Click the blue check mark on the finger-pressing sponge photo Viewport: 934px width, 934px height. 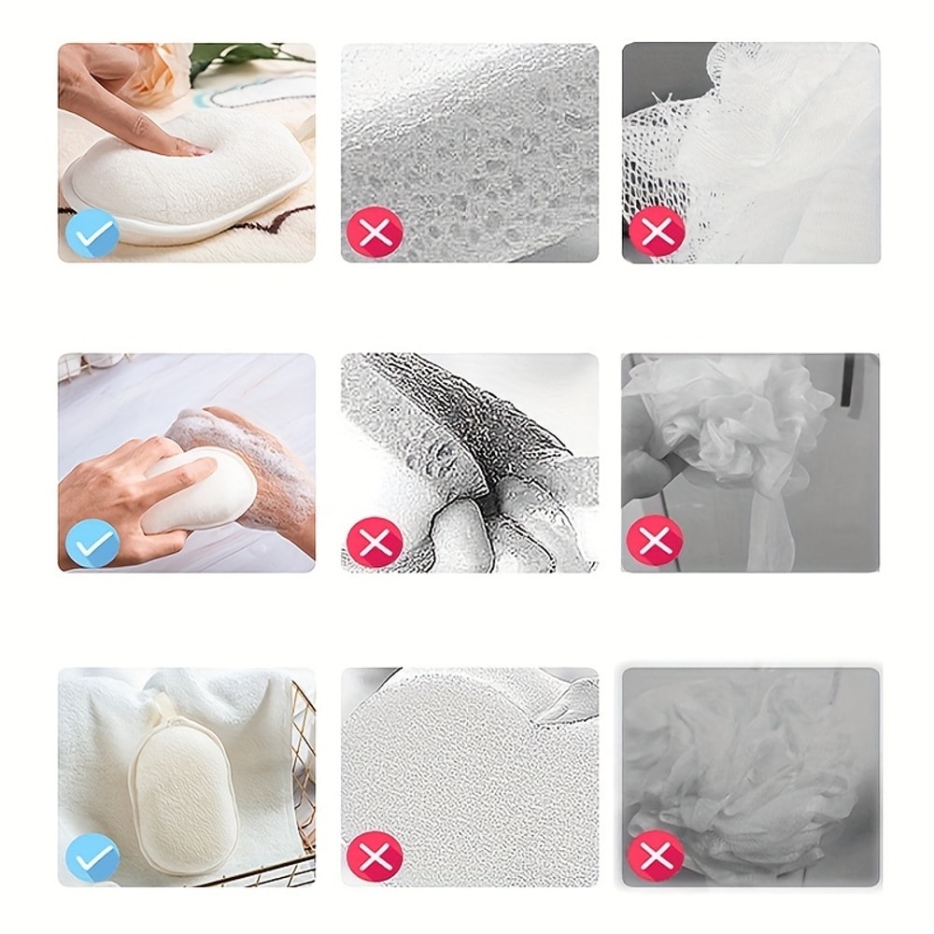pos(92,233)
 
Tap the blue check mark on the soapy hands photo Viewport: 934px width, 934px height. pos(92,543)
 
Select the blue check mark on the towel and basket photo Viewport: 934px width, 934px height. pos(92,857)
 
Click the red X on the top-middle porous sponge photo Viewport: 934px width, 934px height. pos(375,233)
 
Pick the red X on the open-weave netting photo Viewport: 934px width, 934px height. pos(656,233)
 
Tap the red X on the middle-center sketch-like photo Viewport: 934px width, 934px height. pos(375,543)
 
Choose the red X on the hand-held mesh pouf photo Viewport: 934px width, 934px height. pos(656,541)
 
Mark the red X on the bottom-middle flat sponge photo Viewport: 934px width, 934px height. pos(375,857)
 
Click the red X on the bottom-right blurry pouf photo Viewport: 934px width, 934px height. pos(656,857)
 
